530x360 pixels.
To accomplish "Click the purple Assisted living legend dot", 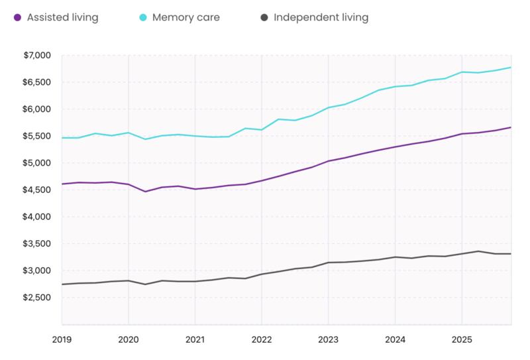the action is point(17,17).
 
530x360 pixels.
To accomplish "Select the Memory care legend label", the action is point(186,17).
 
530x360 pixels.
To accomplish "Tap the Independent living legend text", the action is point(321,17).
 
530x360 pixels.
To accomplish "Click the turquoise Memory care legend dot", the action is point(143,17).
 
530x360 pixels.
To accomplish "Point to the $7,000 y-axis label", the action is point(37,55).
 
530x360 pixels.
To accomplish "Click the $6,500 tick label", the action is point(36,82).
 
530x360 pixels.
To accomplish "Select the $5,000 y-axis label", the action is point(36,162).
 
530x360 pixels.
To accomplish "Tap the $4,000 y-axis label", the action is point(36,217).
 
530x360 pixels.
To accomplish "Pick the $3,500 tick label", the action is point(36,243).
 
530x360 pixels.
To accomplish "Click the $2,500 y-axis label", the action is point(36,298).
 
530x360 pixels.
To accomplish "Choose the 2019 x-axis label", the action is point(62,339).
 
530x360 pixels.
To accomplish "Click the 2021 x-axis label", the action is point(195,339).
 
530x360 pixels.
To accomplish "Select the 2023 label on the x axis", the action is point(328,339).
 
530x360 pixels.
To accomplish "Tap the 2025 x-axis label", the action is point(462,339).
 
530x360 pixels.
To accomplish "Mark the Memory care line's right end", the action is point(511,68).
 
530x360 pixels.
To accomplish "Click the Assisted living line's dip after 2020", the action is point(145,192).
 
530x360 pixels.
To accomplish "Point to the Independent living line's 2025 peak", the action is point(478,251).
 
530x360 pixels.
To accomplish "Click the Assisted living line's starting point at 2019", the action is point(62,184).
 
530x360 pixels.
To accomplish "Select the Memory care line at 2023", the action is point(328,107).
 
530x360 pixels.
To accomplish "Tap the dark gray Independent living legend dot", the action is point(264,17).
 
